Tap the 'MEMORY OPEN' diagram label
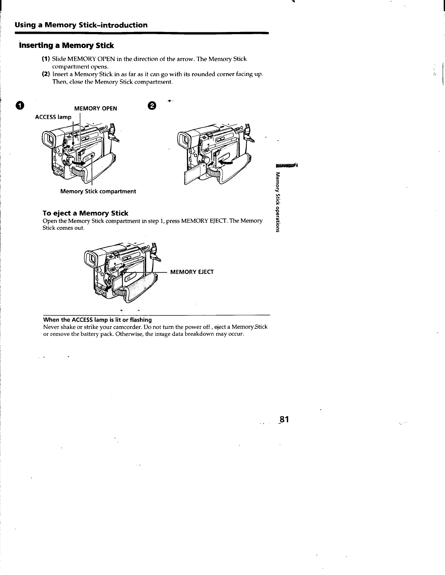coord(96,108)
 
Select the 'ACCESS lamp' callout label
coord(53,117)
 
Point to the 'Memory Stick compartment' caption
coord(98,191)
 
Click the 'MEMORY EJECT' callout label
coord(192,272)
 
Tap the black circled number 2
coord(152,106)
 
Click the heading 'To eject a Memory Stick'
coord(85,213)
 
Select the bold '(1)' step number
coord(46,59)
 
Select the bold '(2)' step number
coord(46,74)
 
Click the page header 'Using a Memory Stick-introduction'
coord(81,25)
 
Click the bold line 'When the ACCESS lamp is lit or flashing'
coord(97,320)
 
